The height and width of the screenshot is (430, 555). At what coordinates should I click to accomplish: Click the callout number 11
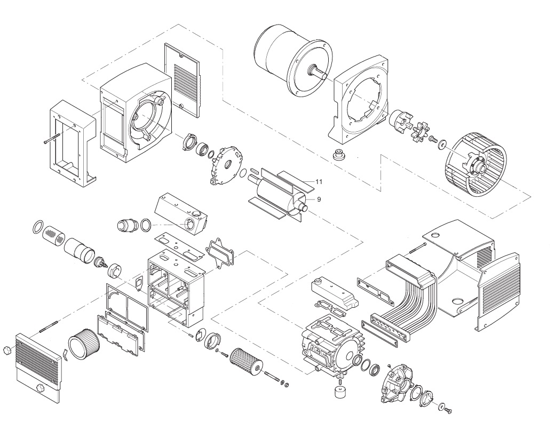[x=319, y=182]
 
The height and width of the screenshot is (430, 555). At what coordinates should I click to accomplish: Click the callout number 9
[x=319, y=198]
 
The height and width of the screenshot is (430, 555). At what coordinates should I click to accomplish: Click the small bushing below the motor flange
[x=337, y=156]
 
